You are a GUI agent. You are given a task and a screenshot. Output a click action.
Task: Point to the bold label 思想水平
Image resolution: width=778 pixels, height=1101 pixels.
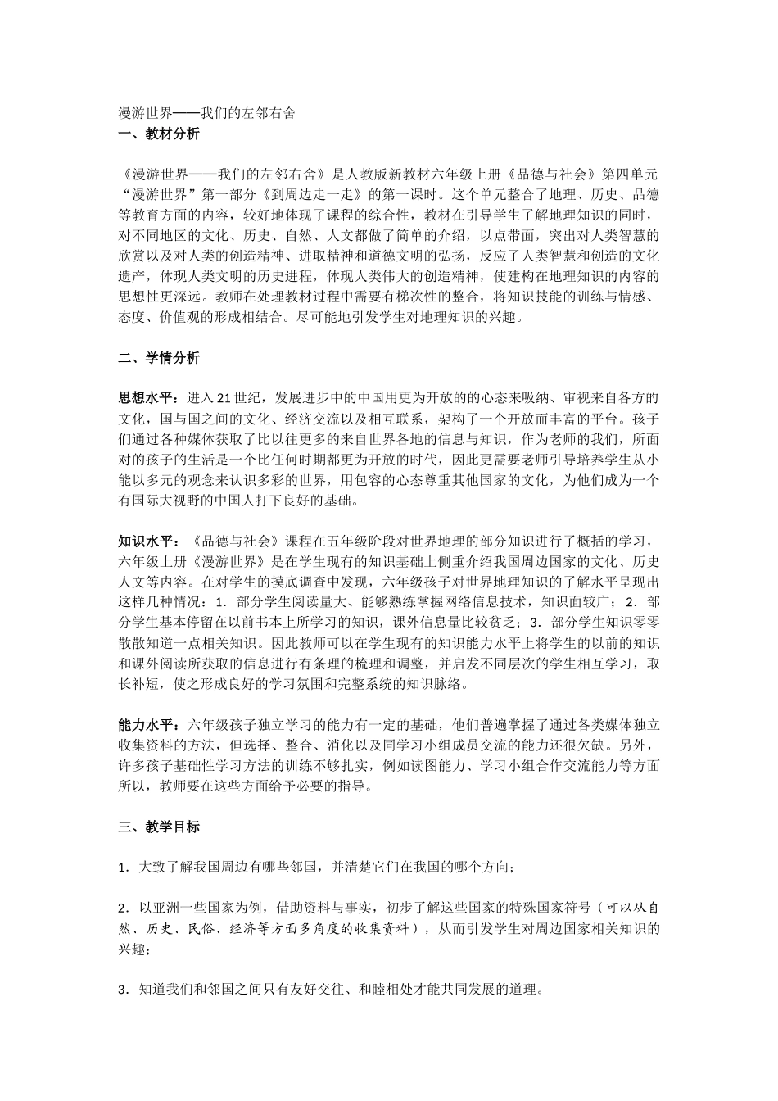145,398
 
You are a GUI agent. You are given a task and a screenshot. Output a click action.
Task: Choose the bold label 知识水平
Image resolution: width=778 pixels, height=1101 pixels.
145,541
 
